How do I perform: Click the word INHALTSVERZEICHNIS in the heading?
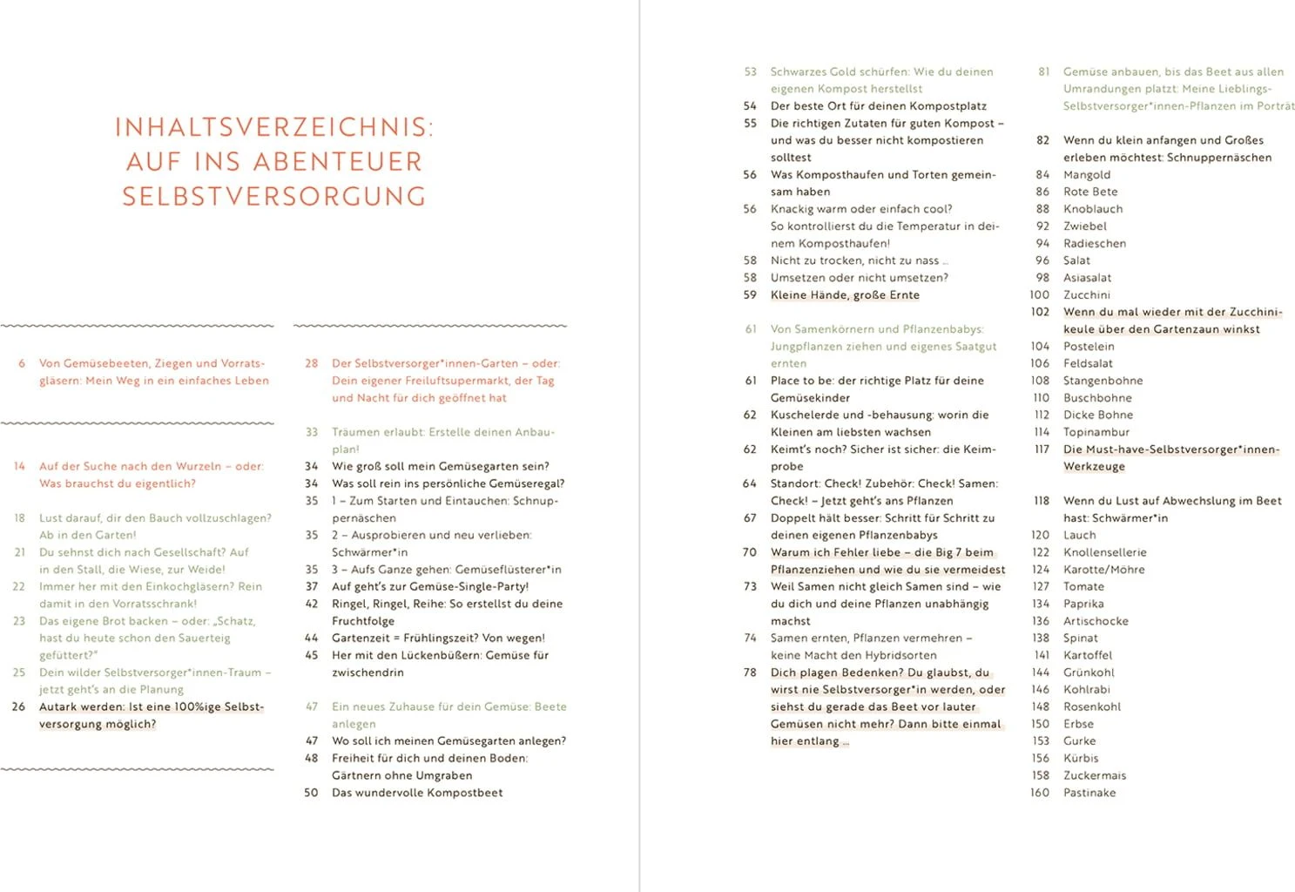[273, 127]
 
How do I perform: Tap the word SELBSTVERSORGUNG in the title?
[273, 197]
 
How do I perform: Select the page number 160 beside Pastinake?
[1040, 793]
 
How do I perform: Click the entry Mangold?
[1086, 174]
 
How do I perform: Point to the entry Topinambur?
[1096, 432]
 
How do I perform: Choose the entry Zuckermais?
[1094, 775]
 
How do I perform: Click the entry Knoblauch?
[1092, 209]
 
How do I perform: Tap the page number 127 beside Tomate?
[1041, 586]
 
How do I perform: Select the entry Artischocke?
[1095, 621]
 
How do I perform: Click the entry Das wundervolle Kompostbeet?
[416, 793]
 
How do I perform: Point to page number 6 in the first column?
[22, 363]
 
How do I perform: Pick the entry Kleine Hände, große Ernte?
[844, 294]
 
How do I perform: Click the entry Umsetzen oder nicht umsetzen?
[859, 278]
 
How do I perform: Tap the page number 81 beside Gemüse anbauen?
[1043, 71]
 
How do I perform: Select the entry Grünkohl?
[1088, 672]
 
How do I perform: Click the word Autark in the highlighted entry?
[58, 706]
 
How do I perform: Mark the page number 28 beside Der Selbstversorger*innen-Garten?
[311, 363]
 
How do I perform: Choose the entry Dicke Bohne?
[1097, 415]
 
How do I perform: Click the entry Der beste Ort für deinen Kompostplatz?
[878, 105]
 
